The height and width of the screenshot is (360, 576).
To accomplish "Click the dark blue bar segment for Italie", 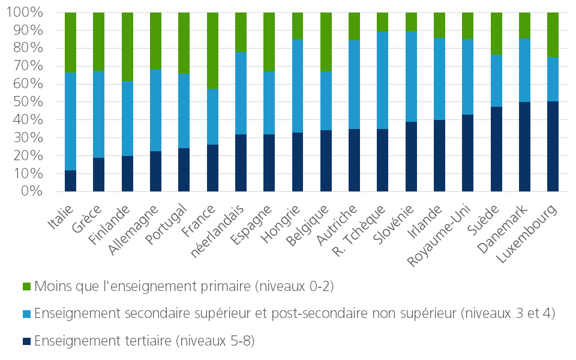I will coord(71,181).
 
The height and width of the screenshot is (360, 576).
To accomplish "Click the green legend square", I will coord(26,286).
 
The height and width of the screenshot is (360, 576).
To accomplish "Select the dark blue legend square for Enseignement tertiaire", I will coord(26,341).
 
